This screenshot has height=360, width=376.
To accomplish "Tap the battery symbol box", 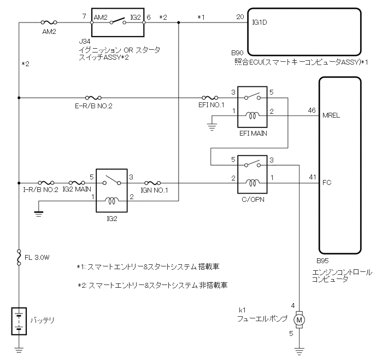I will tap(19, 321).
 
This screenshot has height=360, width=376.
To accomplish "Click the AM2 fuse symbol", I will tap(50, 23).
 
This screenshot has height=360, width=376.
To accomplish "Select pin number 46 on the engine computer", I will tap(312, 111).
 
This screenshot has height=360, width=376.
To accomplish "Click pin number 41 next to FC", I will tap(312, 177).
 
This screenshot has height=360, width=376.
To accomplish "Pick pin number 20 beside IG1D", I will tap(239, 18).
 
